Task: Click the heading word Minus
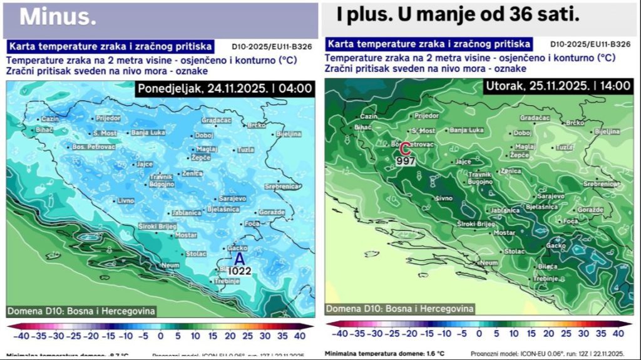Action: (x=58, y=17)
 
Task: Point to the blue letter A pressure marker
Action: (x=240, y=259)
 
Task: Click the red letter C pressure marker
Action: (x=405, y=149)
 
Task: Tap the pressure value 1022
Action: (x=240, y=271)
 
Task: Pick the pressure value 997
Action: (x=406, y=161)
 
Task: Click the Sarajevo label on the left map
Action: (x=232, y=198)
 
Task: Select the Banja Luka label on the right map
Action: (x=467, y=130)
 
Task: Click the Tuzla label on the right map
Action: (x=564, y=147)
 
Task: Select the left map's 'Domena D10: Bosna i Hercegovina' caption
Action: (x=81, y=311)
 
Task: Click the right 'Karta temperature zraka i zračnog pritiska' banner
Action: (x=429, y=44)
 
